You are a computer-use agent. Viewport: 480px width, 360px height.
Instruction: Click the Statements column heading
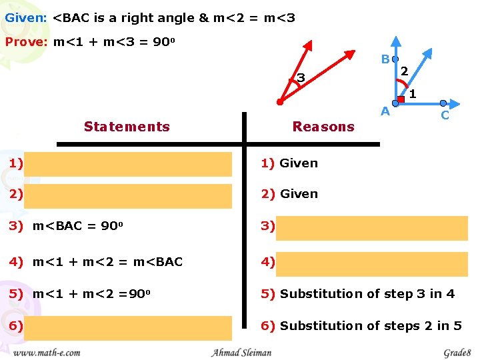coord(127,127)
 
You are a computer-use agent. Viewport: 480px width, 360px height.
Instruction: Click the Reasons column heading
coord(323,127)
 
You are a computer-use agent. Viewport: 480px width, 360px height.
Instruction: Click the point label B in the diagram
coord(385,59)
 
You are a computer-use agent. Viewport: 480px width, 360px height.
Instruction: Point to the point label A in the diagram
coord(385,112)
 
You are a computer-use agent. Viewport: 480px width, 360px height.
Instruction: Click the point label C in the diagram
coord(445,116)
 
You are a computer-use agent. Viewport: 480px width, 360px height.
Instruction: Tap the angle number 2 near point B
coord(405,69)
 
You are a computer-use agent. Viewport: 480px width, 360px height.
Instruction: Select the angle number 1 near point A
coord(413,95)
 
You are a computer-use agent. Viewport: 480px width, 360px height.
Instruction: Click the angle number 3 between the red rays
coord(301,79)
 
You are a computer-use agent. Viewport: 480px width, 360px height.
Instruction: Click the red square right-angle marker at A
coord(401,99)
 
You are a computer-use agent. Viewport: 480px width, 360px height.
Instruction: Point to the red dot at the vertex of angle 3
coord(280,103)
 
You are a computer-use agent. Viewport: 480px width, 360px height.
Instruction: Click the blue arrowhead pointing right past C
coord(455,103)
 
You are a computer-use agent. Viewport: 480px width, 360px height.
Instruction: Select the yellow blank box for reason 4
coord(372,263)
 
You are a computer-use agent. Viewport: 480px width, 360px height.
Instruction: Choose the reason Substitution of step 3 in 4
coord(367,294)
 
